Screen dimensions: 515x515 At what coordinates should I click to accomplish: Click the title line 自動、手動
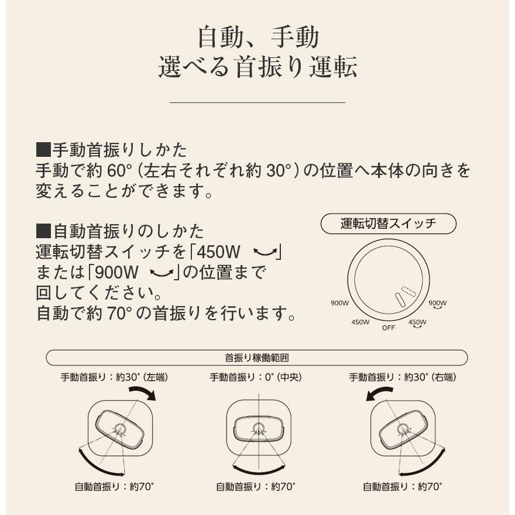tap(257, 37)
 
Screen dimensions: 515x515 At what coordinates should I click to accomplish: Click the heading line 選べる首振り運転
tap(257, 68)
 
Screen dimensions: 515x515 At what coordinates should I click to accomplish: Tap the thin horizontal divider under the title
tap(257, 102)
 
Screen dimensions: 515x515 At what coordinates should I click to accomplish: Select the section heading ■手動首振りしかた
tap(111, 150)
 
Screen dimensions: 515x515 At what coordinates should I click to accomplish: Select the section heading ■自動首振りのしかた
tap(120, 230)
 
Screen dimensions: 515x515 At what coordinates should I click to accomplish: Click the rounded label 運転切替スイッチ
tap(388, 224)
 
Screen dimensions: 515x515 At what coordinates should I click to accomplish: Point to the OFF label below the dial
tap(389, 328)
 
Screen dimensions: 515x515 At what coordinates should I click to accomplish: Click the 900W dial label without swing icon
tap(339, 303)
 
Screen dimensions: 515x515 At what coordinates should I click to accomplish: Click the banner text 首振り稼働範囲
tap(257, 358)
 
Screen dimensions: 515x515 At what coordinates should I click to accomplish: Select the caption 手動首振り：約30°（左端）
tap(114, 377)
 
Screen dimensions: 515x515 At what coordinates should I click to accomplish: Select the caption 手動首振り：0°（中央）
tap(256, 377)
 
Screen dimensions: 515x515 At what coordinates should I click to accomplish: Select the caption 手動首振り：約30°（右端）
tap(403, 377)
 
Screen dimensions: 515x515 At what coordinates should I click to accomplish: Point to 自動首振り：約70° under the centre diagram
tap(256, 486)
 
